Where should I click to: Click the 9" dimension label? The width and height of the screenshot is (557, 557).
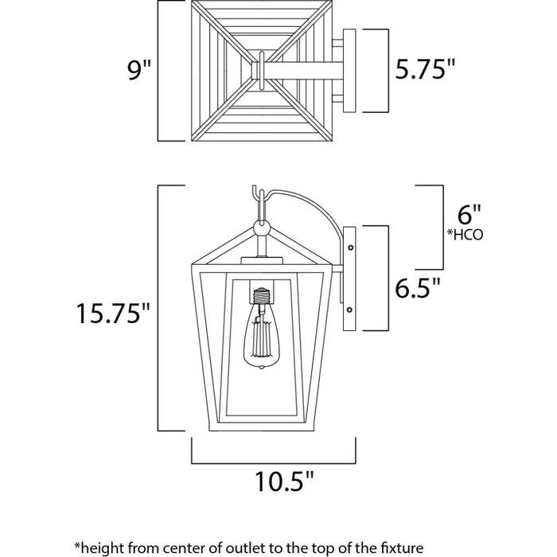coord(138,72)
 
